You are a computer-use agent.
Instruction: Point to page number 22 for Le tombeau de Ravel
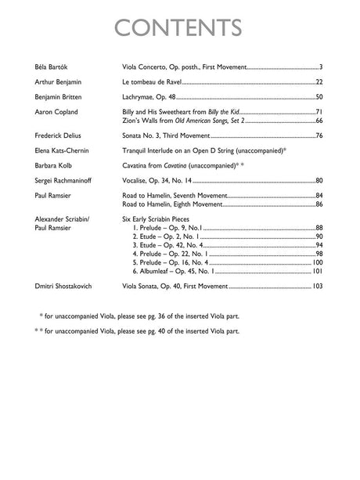click(319, 82)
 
